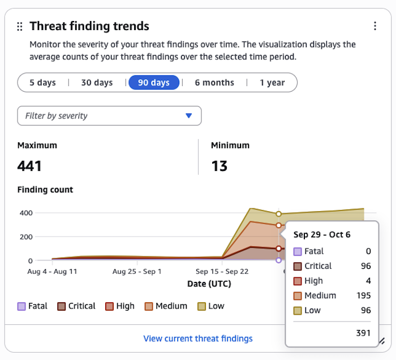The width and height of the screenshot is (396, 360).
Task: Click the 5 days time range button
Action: coord(42,83)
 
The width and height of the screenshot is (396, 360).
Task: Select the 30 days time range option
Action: coord(97,83)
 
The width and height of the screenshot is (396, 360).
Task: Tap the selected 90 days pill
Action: coord(154,83)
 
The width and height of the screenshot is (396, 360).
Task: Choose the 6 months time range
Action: coord(214,83)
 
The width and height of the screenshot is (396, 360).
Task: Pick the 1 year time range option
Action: coord(272,83)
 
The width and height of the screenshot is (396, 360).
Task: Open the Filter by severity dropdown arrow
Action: coord(189,116)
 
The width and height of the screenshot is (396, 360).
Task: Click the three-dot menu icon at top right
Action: coord(375,26)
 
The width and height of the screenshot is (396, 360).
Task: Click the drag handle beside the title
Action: coord(20,26)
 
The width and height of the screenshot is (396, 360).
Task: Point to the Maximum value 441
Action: coord(30,166)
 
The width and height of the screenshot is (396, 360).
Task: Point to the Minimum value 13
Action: coord(219,166)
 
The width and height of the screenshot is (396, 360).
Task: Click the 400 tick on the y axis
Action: coord(26,213)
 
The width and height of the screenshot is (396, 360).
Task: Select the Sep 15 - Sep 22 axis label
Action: coord(222,272)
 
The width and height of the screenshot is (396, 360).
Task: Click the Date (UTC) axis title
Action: coord(209,283)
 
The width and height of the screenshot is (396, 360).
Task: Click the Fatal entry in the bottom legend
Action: coord(33,306)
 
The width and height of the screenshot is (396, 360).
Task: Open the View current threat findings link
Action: coord(198,338)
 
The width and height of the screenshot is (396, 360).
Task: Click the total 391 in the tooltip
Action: coord(363,333)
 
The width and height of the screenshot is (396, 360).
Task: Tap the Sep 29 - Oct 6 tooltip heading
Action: coord(322,235)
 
